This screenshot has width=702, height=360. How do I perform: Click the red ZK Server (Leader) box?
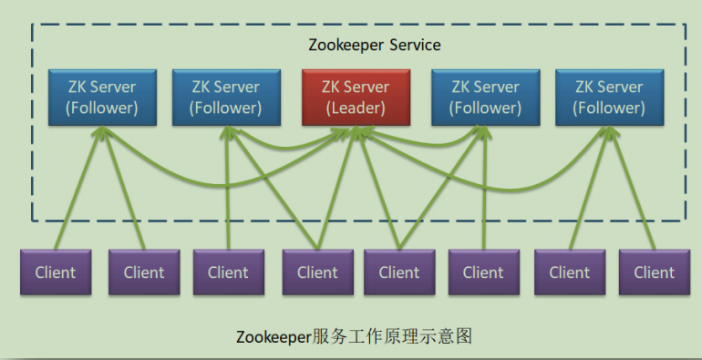(x=355, y=98)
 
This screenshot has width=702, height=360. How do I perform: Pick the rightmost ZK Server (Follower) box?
(x=609, y=98)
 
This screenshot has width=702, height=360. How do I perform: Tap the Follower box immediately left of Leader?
(x=225, y=98)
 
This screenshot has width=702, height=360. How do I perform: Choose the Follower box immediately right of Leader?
(x=484, y=98)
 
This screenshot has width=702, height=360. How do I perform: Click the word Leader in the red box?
(x=356, y=108)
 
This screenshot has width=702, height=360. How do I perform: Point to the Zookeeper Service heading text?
(x=376, y=45)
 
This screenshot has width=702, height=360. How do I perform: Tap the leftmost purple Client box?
(x=56, y=272)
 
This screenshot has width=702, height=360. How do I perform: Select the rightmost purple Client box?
(x=654, y=272)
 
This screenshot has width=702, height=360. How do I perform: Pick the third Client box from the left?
(x=228, y=272)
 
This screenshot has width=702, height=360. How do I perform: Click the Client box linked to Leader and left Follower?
(x=317, y=272)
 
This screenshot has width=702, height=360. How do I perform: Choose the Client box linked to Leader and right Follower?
(x=399, y=272)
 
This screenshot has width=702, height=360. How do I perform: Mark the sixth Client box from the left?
(x=483, y=272)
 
